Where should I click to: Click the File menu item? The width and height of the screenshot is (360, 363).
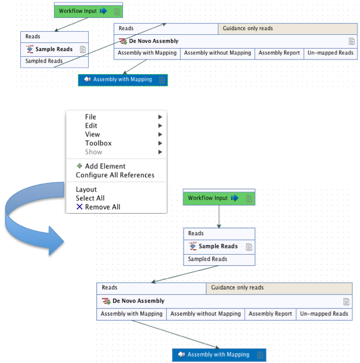[90, 117]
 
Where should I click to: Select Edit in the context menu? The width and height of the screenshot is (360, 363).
[91, 126]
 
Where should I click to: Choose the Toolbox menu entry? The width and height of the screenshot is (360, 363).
[98, 143]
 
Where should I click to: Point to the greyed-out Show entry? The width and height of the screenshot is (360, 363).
[93, 152]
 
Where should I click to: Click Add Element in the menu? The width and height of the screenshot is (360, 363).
[105, 166]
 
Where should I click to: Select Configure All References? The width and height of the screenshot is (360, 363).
[115, 175]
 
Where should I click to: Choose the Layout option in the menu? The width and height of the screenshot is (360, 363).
[86, 189]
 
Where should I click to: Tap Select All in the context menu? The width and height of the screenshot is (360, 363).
[90, 198]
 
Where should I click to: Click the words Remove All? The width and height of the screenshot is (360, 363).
[103, 207]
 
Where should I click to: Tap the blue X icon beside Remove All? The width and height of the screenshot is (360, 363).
[79, 207]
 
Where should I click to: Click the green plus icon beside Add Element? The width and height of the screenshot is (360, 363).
[79, 166]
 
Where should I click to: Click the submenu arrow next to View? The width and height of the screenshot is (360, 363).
[160, 134]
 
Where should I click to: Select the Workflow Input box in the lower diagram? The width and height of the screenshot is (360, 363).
[219, 198]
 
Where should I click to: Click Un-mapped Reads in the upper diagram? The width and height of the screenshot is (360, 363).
[329, 53]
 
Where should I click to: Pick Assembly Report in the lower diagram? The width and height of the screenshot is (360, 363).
[270, 314]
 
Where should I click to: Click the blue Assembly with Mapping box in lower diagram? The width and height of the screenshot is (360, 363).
[219, 354]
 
